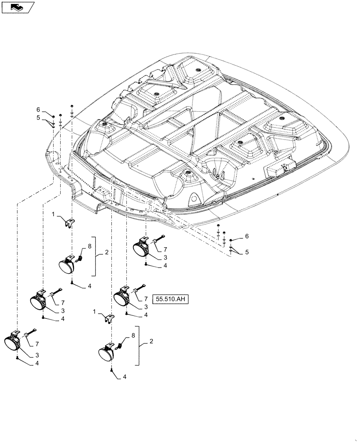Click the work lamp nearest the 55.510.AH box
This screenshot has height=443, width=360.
(123, 297)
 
